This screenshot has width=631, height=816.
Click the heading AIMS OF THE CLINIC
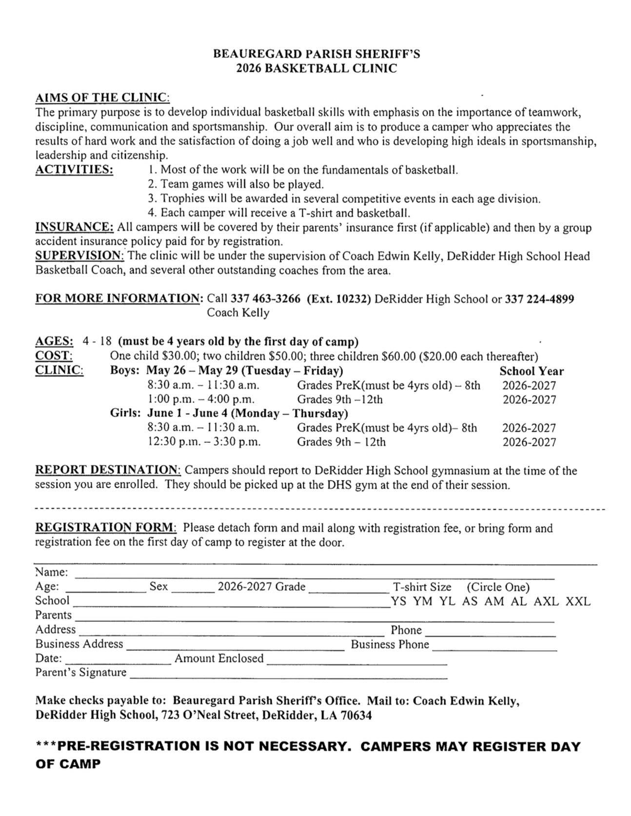coord(102,98)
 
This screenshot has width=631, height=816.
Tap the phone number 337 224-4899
coord(539,299)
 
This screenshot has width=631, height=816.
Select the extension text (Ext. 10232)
coord(338,299)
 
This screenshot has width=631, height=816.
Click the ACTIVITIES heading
coord(74,170)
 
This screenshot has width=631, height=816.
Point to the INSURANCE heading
coord(75,227)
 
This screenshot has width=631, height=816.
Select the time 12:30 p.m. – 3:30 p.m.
coord(204,442)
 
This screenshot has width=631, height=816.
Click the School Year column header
coord(531,371)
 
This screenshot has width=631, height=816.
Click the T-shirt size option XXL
coord(578,601)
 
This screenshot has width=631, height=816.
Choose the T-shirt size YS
coord(398,601)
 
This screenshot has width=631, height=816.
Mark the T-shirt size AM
coord(494,601)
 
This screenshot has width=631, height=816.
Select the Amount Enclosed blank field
coord(356,662)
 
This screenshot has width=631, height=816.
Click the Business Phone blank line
coord(494,648)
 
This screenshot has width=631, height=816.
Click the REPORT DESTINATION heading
coord(108,470)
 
